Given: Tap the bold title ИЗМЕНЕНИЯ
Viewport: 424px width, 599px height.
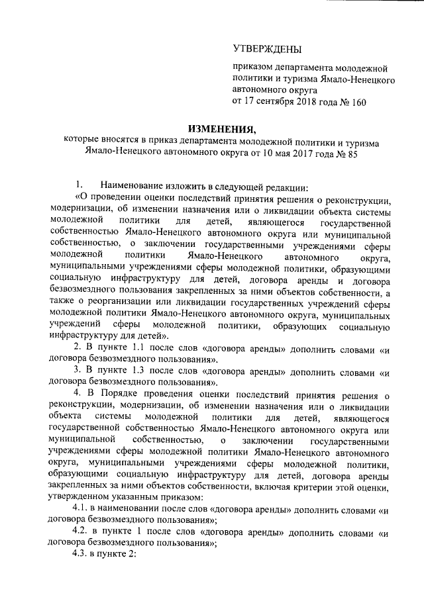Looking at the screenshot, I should click(211, 127).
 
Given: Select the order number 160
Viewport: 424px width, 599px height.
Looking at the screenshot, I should click(356, 101).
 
